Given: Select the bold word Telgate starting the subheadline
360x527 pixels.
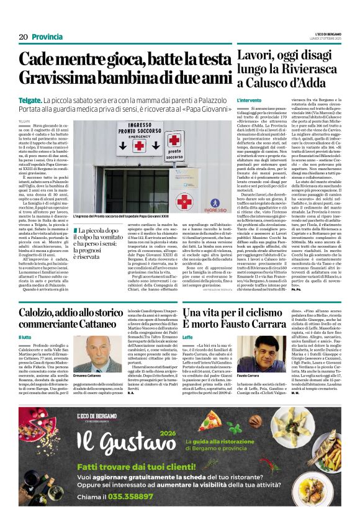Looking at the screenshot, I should tap(30, 100).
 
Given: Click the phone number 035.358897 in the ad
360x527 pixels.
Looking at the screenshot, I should tap(122, 496).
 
